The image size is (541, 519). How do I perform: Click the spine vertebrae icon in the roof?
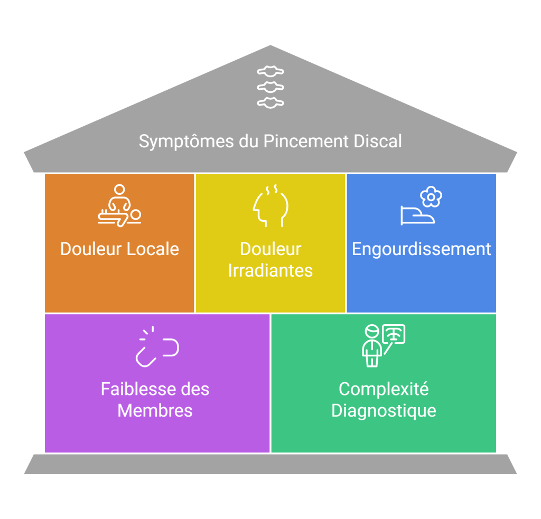pyautogui.click(x=270, y=87)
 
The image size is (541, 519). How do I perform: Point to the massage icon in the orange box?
pyautogui.click(x=119, y=205)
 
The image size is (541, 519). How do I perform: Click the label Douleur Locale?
pyautogui.click(x=119, y=249)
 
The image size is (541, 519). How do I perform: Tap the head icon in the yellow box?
pyautogui.click(x=270, y=206)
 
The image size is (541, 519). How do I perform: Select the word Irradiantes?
pyautogui.click(x=270, y=270)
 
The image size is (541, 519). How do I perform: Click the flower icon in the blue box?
pyautogui.click(x=431, y=196)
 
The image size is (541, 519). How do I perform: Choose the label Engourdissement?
pyautogui.click(x=422, y=249)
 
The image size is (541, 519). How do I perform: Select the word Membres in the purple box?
pyautogui.click(x=155, y=411)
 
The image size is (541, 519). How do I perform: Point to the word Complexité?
pyautogui.click(x=384, y=390)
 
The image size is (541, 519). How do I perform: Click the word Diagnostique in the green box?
pyautogui.click(x=384, y=411)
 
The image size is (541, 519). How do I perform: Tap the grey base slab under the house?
pyautogui.click(x=270, y=464)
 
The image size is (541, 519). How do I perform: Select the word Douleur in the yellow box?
pyautogui.click(x=270, y=249)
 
